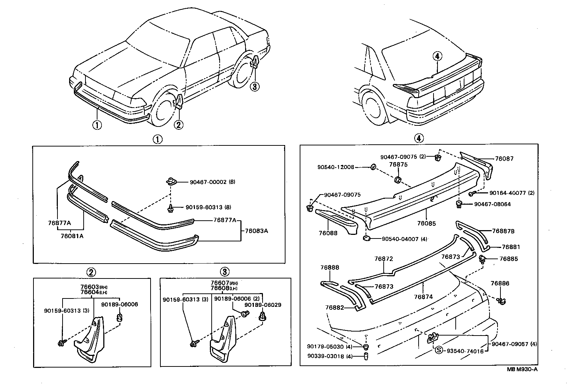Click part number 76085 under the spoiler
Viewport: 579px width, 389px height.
426,224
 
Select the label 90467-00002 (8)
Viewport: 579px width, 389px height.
212,182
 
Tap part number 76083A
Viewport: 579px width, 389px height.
256,230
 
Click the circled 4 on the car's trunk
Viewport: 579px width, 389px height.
437,56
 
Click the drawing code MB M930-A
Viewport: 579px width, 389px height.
522,369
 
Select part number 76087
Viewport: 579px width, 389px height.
504,159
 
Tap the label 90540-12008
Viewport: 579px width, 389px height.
335,167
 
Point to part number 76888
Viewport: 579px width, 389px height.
330,267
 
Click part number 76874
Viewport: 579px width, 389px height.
423,297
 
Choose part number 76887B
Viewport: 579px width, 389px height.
503,231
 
